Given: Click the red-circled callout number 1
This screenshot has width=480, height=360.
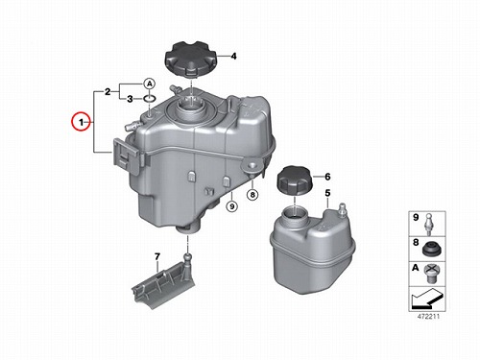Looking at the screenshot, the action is pos(81,122).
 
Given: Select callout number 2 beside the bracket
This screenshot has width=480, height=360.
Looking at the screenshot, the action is pos(108,92).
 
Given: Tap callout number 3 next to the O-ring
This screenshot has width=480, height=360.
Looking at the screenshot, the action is pos(130,99).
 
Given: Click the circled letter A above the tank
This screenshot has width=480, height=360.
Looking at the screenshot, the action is pos(149,84).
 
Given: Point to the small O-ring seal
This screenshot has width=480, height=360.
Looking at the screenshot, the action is pos(150,99).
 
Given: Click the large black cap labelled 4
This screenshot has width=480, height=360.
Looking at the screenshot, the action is pos(191,60).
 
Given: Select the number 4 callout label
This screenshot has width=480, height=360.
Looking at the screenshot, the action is pos(234,57).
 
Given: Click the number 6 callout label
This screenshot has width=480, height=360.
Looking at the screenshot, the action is pos(327,177).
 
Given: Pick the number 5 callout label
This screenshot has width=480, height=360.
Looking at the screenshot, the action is pos(327,193).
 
